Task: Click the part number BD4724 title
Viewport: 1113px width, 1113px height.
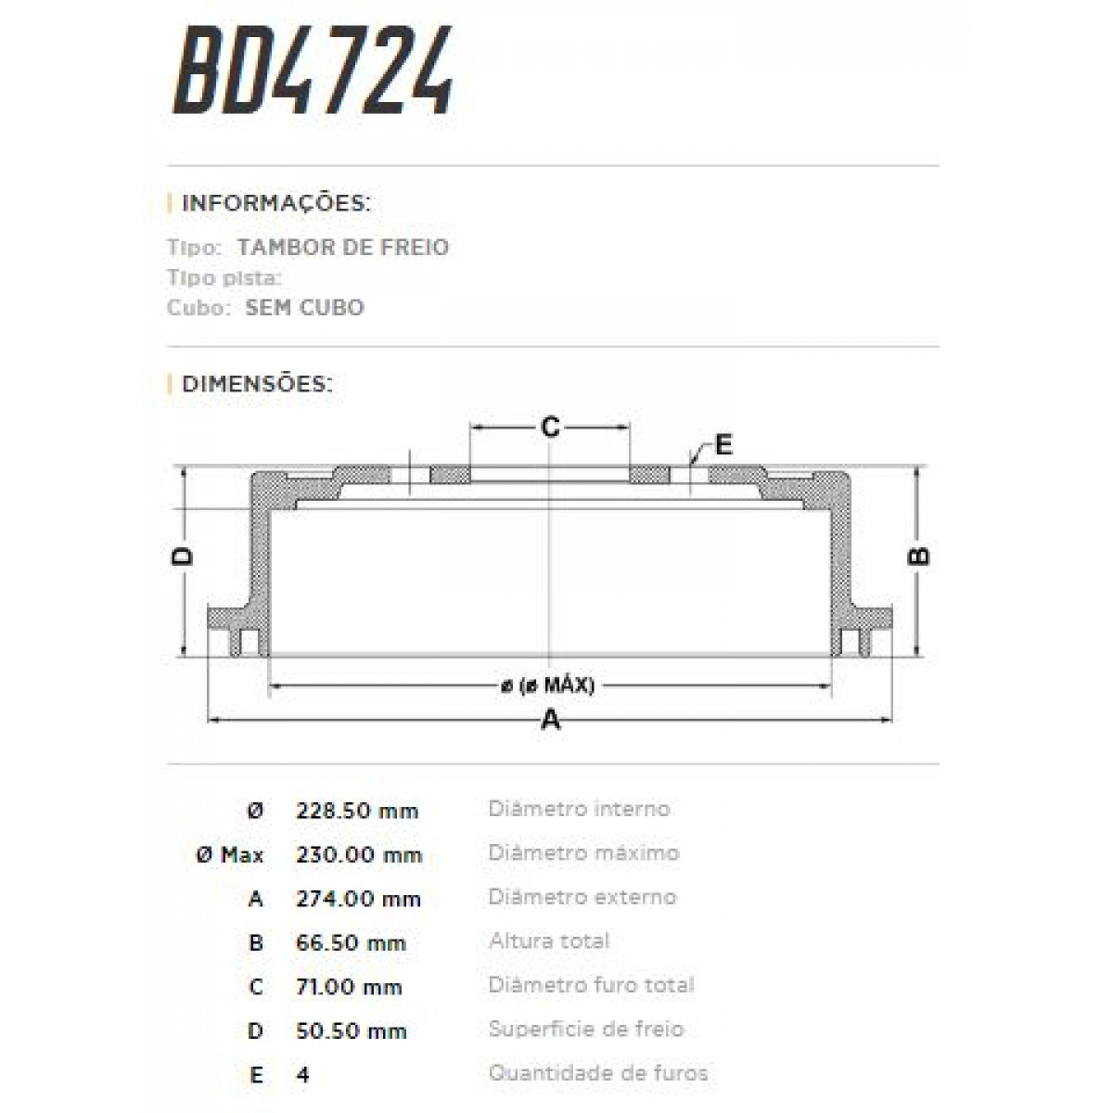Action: click(x=313, y=71)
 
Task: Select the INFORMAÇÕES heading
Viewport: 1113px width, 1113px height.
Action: click(x=275, y=203)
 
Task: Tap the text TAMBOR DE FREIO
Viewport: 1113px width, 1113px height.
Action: click(x=343, y=248)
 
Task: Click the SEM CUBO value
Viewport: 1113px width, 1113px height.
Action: click(x=304, y=308)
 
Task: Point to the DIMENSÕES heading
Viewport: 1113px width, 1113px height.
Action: click(x=257, y=384)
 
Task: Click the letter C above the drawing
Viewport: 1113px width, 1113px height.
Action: click(x=550, y=427)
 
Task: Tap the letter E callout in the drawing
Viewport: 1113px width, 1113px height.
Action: click(x=723, y=444)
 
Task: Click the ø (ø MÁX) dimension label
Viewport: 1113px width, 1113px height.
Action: click(x=548, y=686)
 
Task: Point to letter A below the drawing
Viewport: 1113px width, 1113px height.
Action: click(x=550, y=719)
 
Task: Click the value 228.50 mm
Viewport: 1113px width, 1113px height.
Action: click(x=357, y=811)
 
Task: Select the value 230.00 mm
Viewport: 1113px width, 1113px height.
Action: click(x=359, y=854)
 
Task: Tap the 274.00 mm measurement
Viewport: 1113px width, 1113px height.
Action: click(x=358, y=899)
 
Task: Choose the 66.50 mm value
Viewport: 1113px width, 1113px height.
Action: click(x=351, y=943)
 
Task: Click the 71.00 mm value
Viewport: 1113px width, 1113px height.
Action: click(x=349, y=987)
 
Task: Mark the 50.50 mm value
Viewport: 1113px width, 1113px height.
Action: click(x=351, y=1031)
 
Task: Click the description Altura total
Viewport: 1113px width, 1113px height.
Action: click(x=549, y=941)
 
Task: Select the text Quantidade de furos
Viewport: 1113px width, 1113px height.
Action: click(x=598, y=1074)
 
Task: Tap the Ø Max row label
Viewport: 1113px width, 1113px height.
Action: click(x=230, y=855)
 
